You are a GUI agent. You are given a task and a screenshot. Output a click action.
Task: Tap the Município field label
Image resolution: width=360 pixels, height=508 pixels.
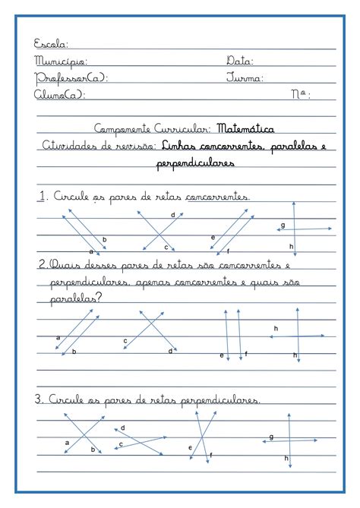coord(60,61)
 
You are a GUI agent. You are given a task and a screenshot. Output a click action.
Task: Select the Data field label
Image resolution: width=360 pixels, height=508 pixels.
coord(239,61)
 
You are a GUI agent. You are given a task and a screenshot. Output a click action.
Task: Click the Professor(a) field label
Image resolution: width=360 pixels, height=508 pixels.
coord(71,77)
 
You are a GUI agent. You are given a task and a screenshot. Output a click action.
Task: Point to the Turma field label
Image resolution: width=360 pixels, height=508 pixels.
coord(245,77)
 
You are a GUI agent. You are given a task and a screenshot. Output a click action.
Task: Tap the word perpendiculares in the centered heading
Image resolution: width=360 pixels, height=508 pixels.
coord(195,162)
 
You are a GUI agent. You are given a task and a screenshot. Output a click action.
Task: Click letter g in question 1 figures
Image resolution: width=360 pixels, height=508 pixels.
coord(283,225)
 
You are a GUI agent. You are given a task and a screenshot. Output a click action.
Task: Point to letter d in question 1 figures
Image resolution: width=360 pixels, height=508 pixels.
coord(172,216)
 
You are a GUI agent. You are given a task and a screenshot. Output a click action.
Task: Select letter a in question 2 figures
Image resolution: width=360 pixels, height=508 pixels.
coord(58,336)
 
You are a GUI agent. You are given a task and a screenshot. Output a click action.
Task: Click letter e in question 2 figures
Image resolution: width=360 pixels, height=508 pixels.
coord(221,355)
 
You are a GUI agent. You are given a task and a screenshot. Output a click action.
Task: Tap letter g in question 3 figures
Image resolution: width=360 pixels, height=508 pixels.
coord(271,437)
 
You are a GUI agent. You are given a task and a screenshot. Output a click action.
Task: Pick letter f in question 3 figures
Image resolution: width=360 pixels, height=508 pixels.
coord(210,454)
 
